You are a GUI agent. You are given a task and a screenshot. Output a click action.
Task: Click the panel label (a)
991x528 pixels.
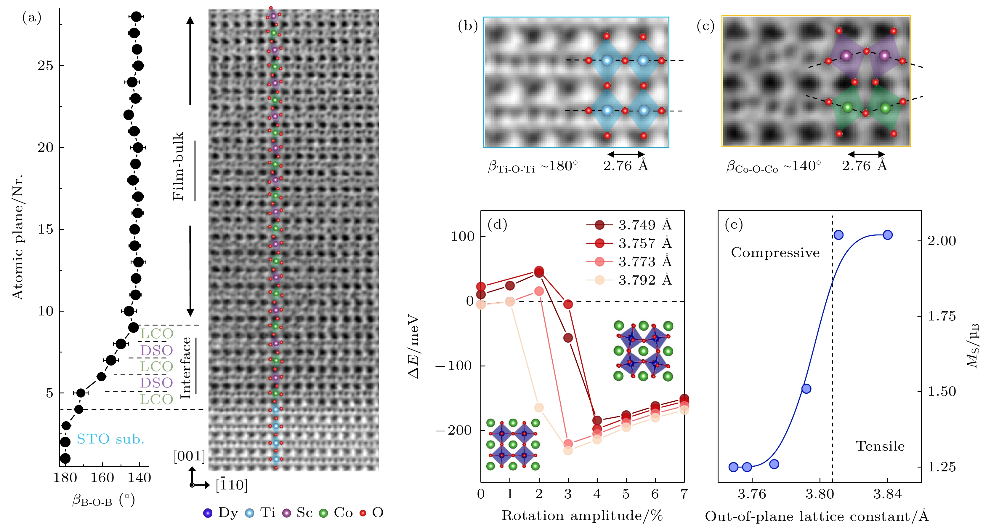click(32, 18)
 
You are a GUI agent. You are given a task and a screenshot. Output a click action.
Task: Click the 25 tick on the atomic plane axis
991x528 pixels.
click(45, 66)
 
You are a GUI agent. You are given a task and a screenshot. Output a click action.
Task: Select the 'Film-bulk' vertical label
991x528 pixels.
click(178, 166)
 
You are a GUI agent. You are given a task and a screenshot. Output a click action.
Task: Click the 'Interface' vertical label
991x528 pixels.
click(186, 368)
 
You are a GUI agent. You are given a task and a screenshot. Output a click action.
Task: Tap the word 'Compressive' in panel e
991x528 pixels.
click(775, 253)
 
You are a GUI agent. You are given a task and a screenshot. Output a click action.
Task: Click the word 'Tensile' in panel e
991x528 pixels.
click(880, 446)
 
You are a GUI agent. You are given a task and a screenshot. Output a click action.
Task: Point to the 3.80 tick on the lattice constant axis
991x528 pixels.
click(820, 494)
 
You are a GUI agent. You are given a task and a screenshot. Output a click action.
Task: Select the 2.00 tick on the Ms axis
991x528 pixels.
click(941, 241)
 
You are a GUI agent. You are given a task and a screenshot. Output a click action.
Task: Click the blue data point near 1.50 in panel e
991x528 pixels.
click(806, 389)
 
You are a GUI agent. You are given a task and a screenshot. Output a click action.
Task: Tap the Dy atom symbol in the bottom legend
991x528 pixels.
click(208, 513)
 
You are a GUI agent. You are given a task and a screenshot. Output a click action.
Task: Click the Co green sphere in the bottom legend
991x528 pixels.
click(323, 513)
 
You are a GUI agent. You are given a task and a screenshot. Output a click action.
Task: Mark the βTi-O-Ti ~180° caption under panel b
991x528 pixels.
click(533, 166)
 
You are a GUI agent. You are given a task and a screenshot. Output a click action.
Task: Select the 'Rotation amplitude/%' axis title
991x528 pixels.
click(582, 516)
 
